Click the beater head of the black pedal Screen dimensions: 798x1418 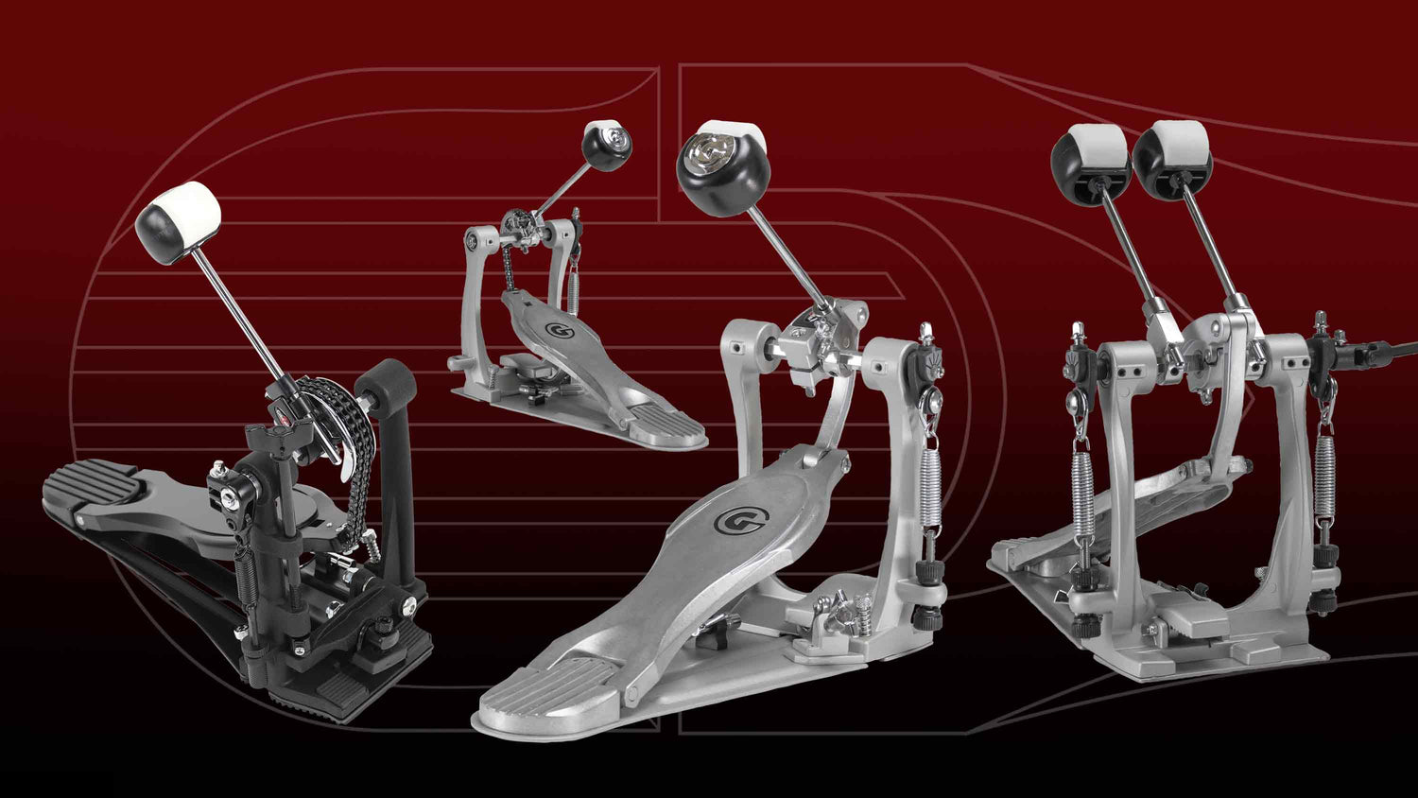point(179,221)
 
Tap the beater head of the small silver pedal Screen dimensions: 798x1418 point(606,146)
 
